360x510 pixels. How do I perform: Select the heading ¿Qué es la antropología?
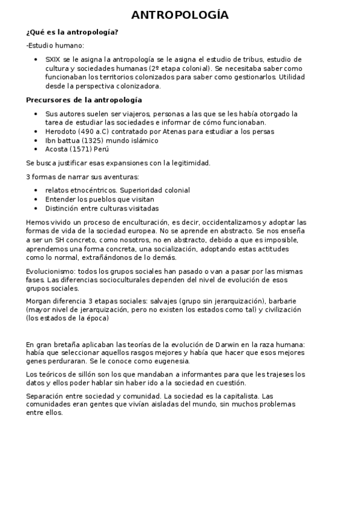tap(72, 32)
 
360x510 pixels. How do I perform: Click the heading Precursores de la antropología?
tap(85, 99)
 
